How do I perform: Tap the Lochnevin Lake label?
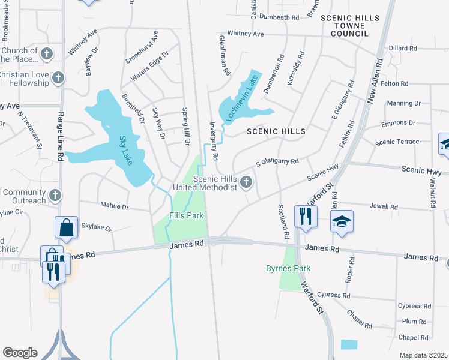point(243,97)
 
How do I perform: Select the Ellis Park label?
point(186,215)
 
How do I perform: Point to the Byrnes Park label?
point(289,268)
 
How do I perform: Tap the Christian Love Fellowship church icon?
point(58,77)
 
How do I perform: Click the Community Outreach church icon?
point(55,195)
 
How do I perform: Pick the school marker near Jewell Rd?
point(342,221)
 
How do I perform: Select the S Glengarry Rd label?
point(277,161)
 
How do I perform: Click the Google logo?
point(20,352)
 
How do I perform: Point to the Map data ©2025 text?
point(423,355)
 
